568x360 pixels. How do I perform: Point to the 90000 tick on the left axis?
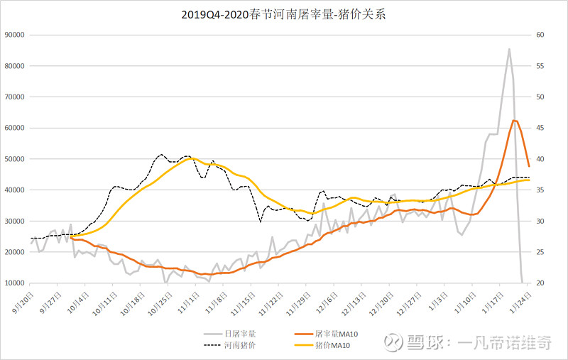click(15, 35)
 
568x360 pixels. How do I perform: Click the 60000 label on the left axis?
click(15, 128)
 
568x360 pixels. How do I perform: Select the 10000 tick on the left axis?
click(15, 283)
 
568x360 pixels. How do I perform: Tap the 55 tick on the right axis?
click(540, 66)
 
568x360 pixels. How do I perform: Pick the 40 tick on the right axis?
click(540, 159)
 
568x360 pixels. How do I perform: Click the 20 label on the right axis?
click(540, 283)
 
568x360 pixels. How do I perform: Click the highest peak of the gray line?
click(509, 49)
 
